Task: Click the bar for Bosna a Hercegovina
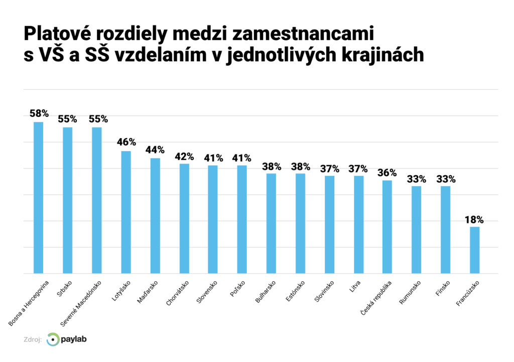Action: point(38,198)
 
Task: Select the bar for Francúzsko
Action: point(475,250)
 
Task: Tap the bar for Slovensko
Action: point(213,219)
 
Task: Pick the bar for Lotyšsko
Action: point(126,212)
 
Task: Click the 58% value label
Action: point(39,114)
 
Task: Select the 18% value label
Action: point(474,219)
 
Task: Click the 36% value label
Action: point(387,172)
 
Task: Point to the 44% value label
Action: point(155,150)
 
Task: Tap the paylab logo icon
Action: point(52,339)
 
